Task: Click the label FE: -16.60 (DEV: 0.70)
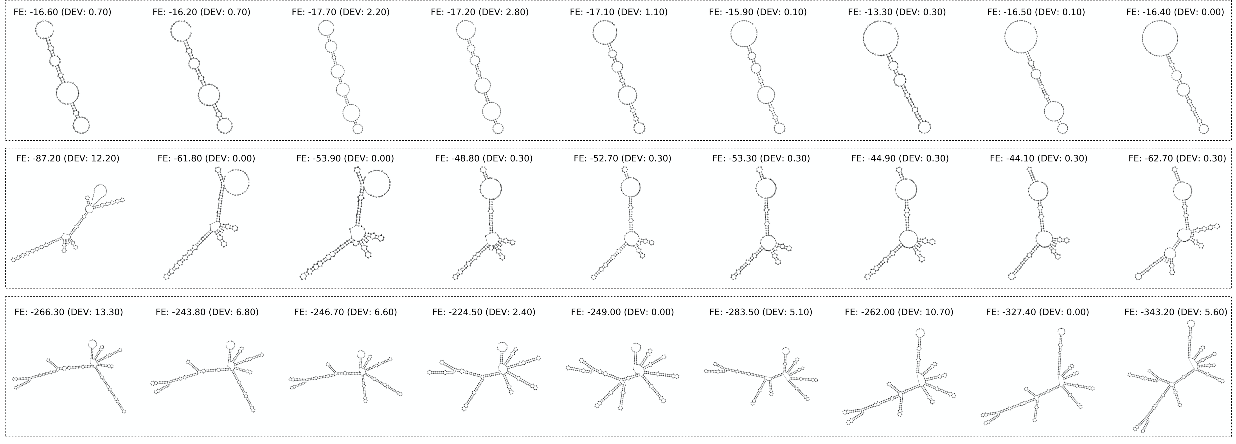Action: click(x=62, y=12)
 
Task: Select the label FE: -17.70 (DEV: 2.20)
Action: click(x=341, y=12)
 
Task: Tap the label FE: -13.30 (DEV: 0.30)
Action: click(x=897, y=12)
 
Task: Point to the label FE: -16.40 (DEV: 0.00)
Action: click(x=1175, y=12)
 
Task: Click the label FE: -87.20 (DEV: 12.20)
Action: click(x=68, y=158)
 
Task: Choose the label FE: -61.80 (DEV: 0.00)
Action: click(x=206, y=158)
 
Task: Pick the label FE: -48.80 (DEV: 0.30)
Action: click(x=484, y=158)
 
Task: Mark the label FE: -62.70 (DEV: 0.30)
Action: click(x=1177, y=158)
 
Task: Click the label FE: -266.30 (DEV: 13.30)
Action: click(x=69, y=312)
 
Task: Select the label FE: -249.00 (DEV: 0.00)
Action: click(x=622, y=312)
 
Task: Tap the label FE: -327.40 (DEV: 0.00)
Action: click(x=1037, y=312)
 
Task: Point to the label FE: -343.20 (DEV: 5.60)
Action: click(x=1176, y=312)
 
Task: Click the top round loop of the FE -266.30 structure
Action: click(x=88, y=344)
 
